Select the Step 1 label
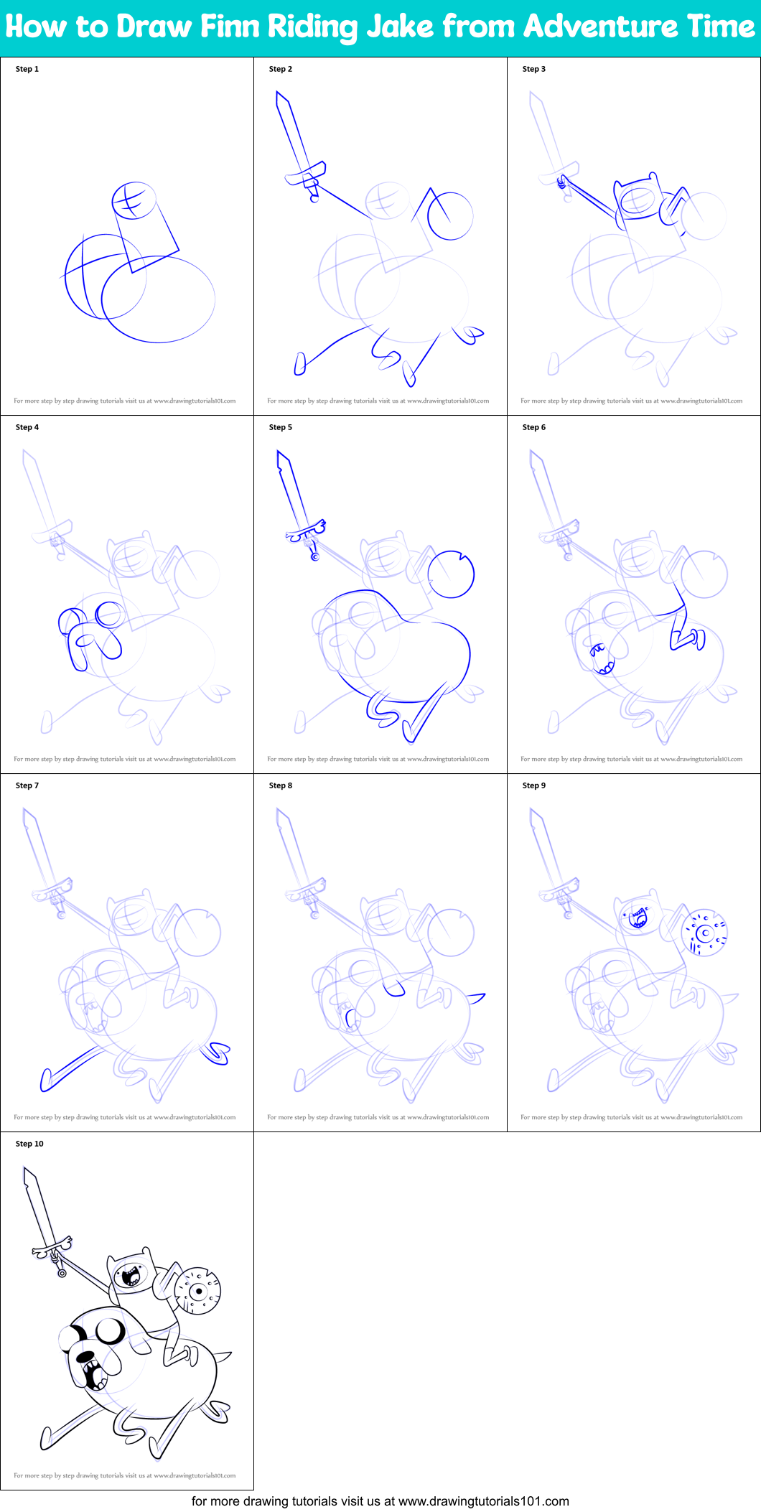[27, 69]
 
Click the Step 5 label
[281, 427]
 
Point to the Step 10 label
[29, 1144]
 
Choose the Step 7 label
[27, 785]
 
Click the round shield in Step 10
[198, 1292]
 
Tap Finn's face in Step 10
[131, 1275]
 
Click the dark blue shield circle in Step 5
[451, 574]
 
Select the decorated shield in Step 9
[704, 933]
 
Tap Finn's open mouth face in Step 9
[637, 918]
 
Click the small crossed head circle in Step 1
[134, 200]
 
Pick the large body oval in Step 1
[158, 299]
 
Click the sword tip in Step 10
[25, 1169]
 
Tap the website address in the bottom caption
[483, 1501]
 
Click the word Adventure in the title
[601, 27]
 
